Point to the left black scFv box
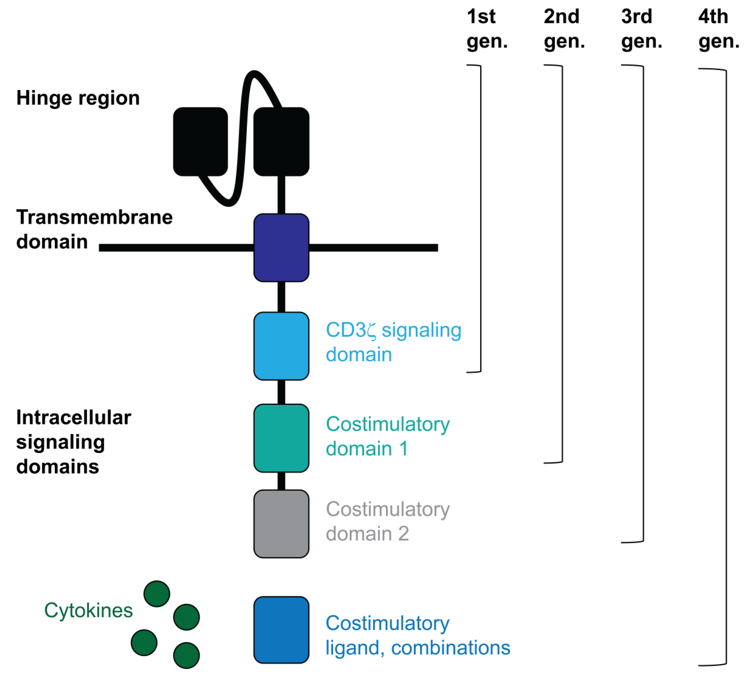tap(200, 142)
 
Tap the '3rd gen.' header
tap(641, 29)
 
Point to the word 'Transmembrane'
tap(94, 217)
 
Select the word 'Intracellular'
tap(73, 418)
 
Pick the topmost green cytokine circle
tap(157, 594)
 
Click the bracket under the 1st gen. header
tap(481, 218)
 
